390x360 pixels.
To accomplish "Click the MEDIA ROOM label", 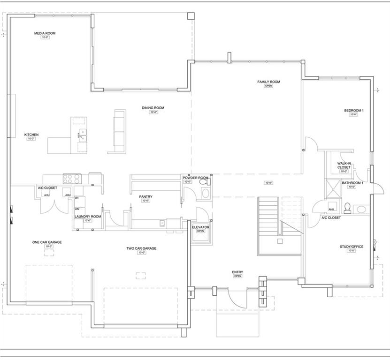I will [x=45, y=33].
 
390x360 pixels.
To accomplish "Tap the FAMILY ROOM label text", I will [x=268, y=82].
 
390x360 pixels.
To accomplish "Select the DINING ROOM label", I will [x=153, y=108].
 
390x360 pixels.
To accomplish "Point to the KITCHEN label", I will [x=31, y=135].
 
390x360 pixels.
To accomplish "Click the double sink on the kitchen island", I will [x=82, y=135].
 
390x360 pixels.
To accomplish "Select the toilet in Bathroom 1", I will [x=348, y=207].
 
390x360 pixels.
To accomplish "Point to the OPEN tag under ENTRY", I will [x=237, y=276].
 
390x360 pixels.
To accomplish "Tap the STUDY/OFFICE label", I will [x=351, y=247].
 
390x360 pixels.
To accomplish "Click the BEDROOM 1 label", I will [x=354, y=111].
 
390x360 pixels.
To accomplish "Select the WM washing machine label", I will [x=77, y=209].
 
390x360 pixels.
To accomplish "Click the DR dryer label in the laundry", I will [x=77, y=198].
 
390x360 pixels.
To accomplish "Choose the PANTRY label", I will [x=145, y=196].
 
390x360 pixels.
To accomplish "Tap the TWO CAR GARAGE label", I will [x=141, y=248].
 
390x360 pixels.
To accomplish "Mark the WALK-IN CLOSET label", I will [x=344, y=165].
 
